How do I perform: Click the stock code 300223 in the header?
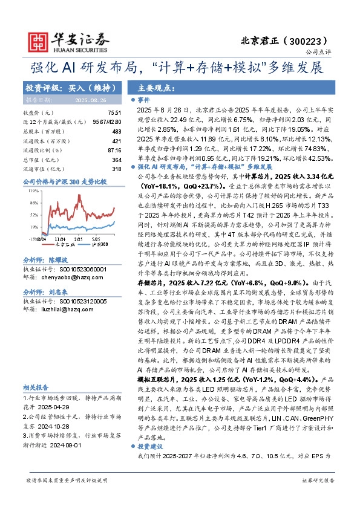310,41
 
